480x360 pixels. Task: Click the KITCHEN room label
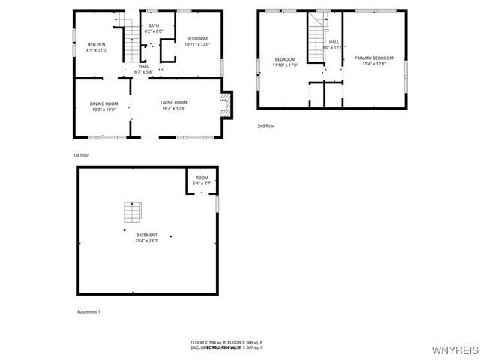point(97,45)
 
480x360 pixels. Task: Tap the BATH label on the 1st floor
point(154,26)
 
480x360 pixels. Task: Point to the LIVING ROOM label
point(173,103)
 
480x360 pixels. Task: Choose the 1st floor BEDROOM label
point(197,39)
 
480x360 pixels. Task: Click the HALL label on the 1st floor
point(143,66)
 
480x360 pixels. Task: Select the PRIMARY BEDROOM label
point(373,58)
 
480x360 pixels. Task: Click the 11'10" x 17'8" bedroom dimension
point(285,64)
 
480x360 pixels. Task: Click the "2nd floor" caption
point(266,126)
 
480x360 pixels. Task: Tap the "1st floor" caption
point(82,155)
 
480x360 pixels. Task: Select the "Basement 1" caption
point(88,311)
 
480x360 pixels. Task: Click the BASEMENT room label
point(147,235)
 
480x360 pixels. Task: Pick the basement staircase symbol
point(133,213)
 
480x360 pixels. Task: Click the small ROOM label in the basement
point(202,178)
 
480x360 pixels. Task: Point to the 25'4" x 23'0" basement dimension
point(147,241)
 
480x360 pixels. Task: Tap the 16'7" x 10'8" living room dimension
point(173,108)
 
